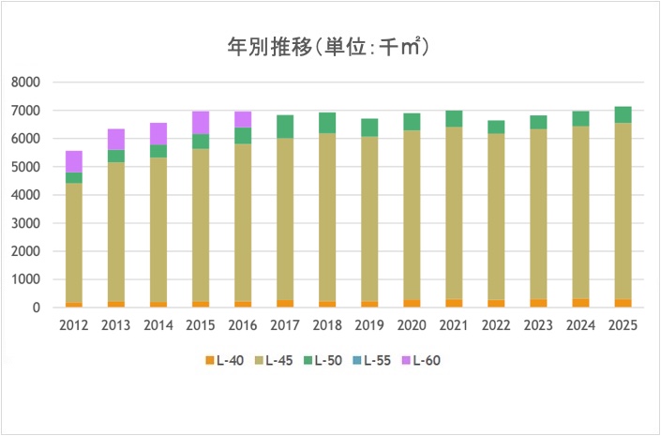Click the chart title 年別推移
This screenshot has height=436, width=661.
point(330,45)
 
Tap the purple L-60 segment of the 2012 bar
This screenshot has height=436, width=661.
point(74,161)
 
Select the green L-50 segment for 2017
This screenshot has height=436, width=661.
point(285,127)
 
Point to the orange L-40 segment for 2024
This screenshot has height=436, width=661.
point(580,303)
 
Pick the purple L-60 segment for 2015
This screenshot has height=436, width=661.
point(201,122)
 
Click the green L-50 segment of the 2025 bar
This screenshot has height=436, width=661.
point(623,114)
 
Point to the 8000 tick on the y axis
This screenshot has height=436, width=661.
point(25,83)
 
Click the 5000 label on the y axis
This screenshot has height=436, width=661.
point(25,167)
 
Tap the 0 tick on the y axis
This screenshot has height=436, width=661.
point(36,308)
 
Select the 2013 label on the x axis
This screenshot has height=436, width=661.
point(116,325)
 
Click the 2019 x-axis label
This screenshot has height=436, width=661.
point(369,325)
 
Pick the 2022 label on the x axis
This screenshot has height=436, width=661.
point(496,325)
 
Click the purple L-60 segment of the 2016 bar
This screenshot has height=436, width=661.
point(243,119)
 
